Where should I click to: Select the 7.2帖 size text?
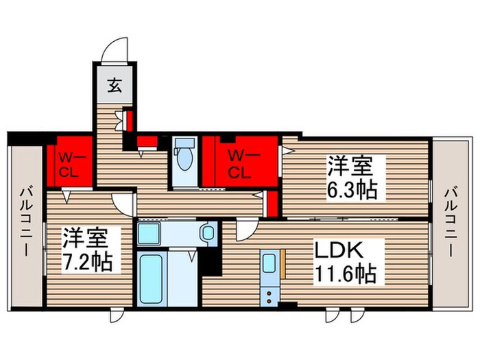(x=88, y=262)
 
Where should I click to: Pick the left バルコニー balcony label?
(x=26, y=221)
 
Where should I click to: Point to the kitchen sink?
(x=270, y=263)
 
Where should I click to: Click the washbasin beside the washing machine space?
(x=206, y=233)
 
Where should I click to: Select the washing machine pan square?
(x=151, y=234)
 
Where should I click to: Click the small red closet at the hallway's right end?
(x=272, y=204)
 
